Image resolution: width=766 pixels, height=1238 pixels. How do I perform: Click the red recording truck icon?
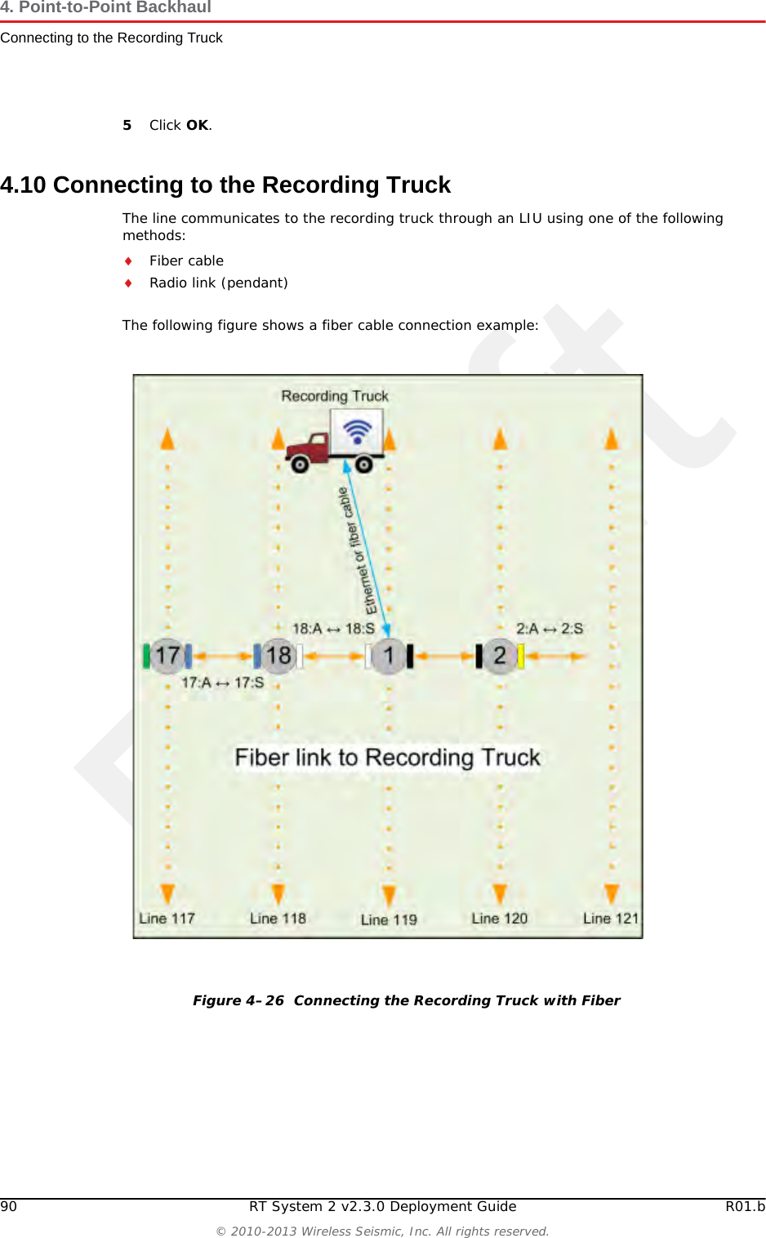click(335, 443)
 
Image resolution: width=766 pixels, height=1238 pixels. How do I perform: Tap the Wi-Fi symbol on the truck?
click(358, 430)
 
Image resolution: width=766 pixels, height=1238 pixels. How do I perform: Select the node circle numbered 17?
click(167, 656)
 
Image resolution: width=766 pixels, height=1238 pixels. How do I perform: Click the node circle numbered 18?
click(278, 656)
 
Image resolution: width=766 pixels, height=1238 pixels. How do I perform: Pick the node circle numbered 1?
click(389, 656)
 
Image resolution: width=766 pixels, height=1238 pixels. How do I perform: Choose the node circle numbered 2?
click(499, 656)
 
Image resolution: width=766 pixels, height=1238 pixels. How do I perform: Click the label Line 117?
click(167, 918)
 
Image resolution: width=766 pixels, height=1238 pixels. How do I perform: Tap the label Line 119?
click(389, 920)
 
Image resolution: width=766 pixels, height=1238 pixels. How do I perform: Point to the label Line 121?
click(610, 918)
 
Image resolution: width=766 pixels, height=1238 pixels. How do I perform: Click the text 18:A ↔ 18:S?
click(333, 629)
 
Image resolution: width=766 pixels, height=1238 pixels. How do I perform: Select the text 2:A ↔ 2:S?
click(550, 629)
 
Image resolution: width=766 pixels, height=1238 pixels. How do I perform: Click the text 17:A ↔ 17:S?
click(222, 683)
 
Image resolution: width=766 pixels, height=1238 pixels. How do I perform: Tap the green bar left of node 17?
click(146, 656)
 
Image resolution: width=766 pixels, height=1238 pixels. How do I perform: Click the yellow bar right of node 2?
click(521, 656)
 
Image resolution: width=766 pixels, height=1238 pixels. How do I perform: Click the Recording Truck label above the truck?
click(335, 396)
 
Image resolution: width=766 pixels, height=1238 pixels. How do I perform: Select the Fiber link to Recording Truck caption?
click(387, 758)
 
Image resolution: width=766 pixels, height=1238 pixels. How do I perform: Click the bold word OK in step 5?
click(197, 125)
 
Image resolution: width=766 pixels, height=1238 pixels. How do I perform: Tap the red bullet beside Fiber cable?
click(128, 261)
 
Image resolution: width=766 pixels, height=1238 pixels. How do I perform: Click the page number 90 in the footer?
click(8, 1206)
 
